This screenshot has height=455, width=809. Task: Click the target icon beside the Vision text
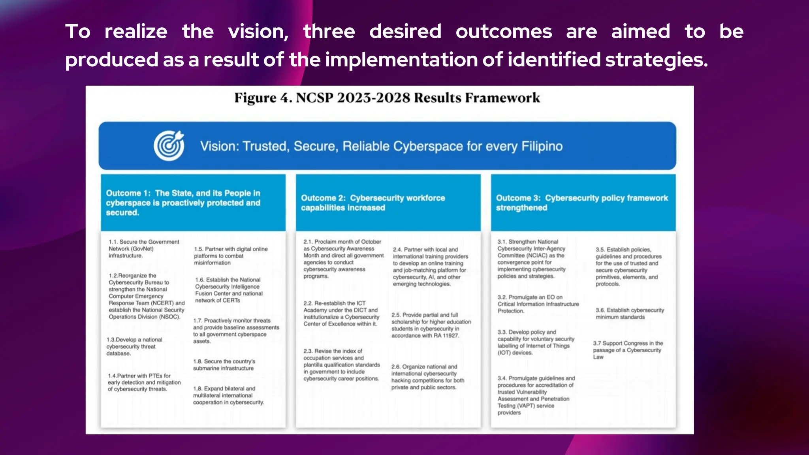click(x=169, y=146)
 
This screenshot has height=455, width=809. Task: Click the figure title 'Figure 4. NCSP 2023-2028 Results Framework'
click(x=387, y=98)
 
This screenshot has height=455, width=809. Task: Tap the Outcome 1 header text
click(x=183, y=203)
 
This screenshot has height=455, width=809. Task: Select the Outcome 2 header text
click(x=373, y=203)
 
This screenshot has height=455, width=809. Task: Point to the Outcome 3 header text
click(x=582, y=203)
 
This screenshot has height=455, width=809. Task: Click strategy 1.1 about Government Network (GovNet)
click(x=144, y=248)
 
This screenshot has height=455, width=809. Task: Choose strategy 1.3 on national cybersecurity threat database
click(x=134, y=346)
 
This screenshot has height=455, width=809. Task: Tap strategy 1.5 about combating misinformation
click(x=231, y=256)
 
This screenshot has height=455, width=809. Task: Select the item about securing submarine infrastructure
click(x=224, y=365)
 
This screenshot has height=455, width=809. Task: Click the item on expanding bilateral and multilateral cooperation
click(x=228, y=395)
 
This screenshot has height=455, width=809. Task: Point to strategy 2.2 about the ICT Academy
click(x=341, y=314)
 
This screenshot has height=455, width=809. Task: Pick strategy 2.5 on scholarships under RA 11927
click(x=431, y=325)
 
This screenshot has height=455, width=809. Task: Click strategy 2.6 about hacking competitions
click(x=428, y=377)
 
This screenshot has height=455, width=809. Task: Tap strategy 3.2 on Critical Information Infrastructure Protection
click(x=538, y=304)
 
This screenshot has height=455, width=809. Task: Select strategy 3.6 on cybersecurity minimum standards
click(x=630, y=314)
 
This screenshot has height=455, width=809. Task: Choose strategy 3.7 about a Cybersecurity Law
click(x=628, y=350)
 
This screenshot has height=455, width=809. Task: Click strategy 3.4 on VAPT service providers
click(x=536, y=395)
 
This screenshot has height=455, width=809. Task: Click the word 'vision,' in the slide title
click(x=258, y=32)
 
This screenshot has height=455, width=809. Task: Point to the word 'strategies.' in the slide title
click(x=657, y=60)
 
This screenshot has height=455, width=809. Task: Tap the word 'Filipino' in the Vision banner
click(x=542, y=146)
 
